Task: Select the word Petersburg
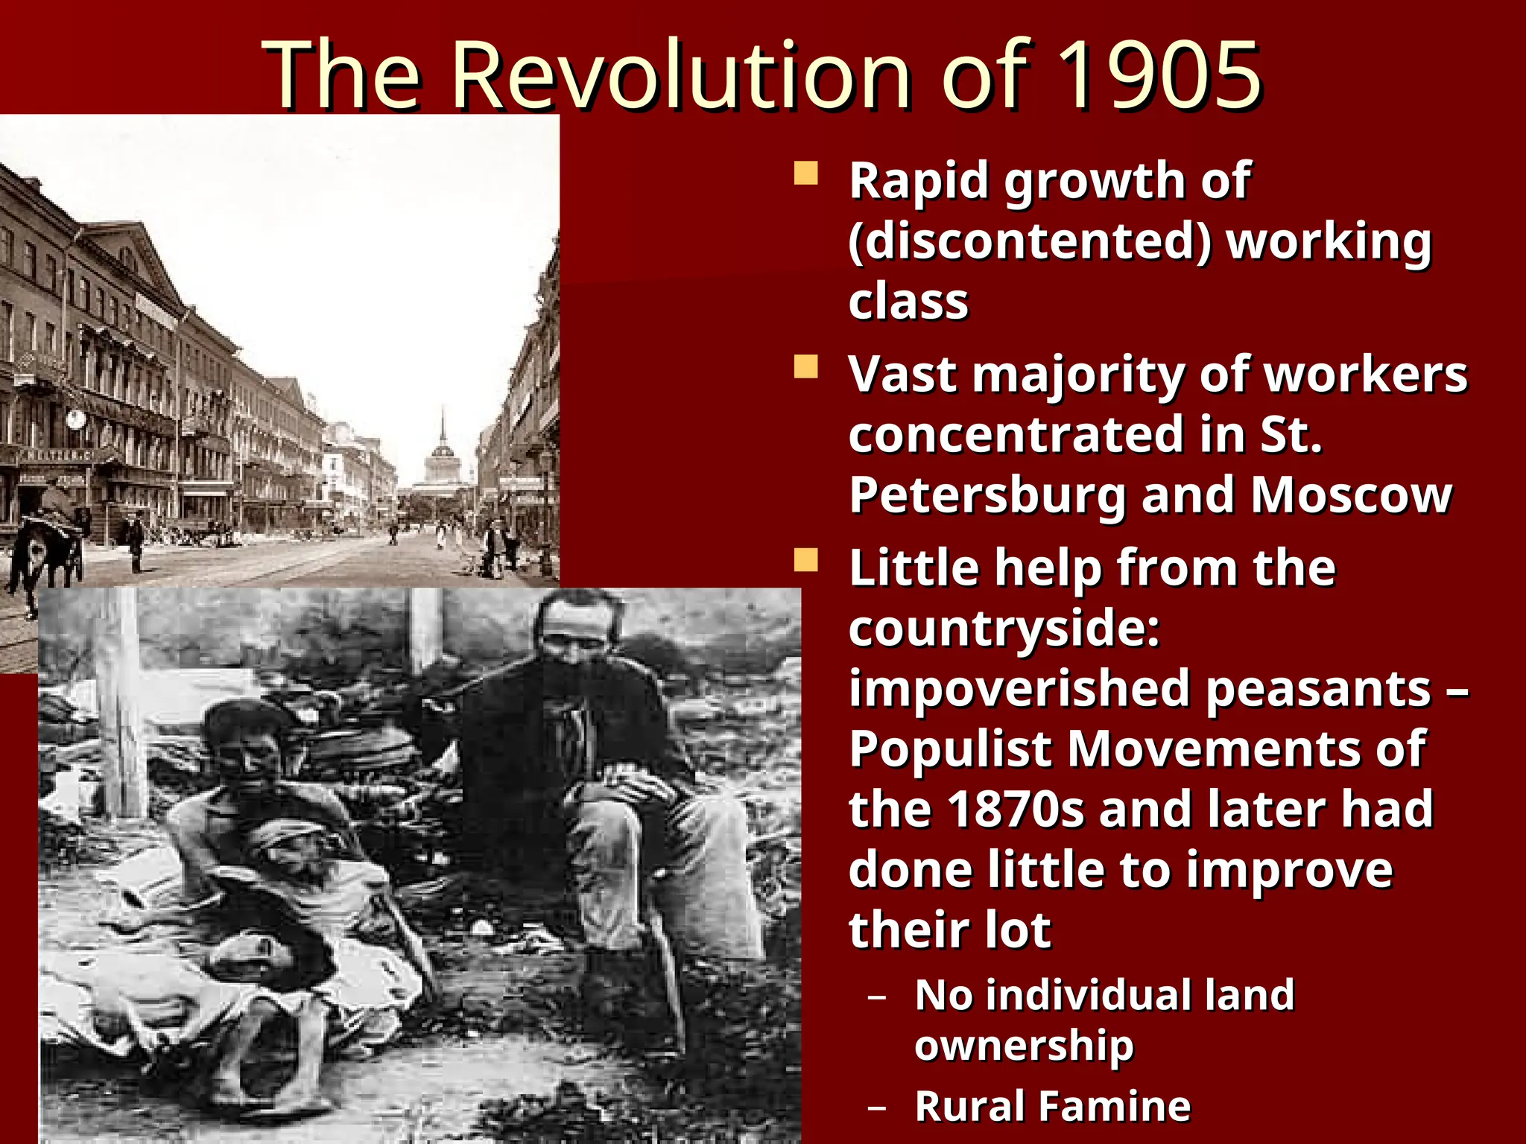pos(987,496)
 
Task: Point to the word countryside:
pos(1004,628)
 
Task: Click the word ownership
pos(1024,1046)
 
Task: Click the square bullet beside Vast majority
pos(805,367)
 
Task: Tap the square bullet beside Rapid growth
pos(805,174)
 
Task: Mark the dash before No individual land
pos(877,997)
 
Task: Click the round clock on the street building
pos(75,420)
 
